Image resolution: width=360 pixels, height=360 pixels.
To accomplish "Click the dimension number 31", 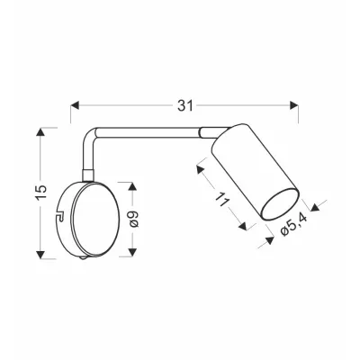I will pos(185,105).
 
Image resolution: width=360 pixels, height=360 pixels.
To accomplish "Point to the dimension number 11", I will pos(221,202).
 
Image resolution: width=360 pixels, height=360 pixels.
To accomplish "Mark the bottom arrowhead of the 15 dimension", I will pos(41,252).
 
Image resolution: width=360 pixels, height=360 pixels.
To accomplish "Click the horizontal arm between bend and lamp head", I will pos(148,130).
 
